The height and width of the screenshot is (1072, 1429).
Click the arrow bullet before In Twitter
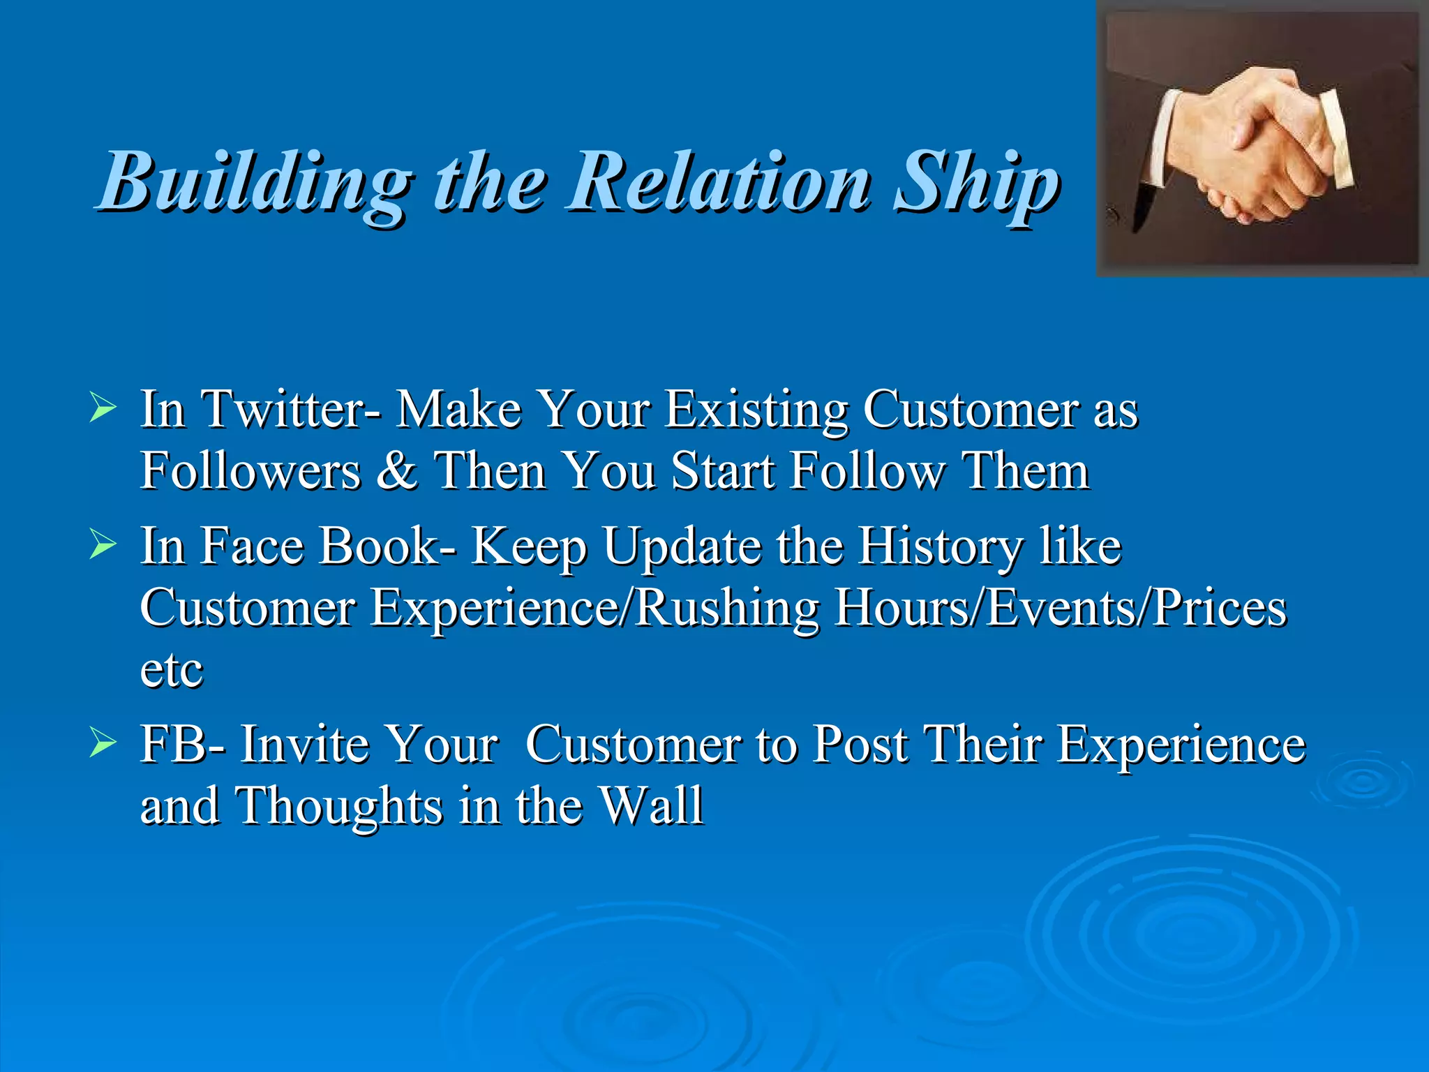coord(103,409)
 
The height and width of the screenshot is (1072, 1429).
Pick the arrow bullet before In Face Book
coord(103,546)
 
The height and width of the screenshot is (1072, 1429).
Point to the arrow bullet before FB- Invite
coord(103,745)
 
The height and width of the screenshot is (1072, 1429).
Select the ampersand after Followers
coord(396,470)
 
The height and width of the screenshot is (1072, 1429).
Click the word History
coord(939,547)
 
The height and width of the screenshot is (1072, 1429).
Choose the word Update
coord(682,547)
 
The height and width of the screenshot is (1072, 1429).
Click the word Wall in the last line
coord(652,806)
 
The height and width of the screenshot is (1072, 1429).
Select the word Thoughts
coord(339,806)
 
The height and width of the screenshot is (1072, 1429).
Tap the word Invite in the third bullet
coord(304,745)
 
